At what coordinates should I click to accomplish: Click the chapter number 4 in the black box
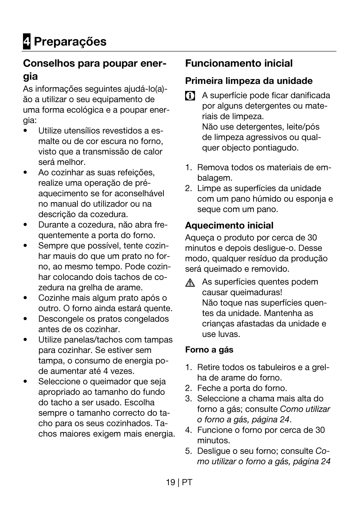click(27, 42)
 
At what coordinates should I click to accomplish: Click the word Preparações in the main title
click(70, 42)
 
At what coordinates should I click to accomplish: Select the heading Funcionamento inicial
click(239, 63)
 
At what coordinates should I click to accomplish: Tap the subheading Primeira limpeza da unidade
click(249, 81)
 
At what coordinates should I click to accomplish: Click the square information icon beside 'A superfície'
click(190, 96)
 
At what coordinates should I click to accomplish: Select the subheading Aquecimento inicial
click(229, 226)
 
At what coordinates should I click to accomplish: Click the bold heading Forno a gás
click(209, 350)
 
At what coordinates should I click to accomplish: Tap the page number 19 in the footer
click(170, 482)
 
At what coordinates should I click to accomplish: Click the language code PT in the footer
click(187, 482)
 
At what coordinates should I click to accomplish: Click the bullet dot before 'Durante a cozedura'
click(25, 225)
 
